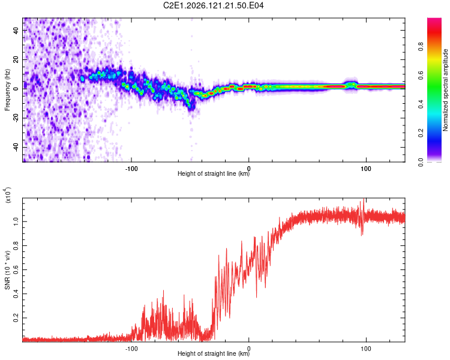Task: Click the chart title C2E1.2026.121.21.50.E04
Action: coord(213,5)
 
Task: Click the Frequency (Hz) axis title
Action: coord(7,90)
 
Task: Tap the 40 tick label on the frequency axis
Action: coord(16,30)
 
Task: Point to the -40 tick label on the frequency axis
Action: coord(16,148)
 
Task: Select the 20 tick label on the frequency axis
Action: coord(16,59)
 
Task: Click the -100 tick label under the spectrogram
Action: coord(131,169)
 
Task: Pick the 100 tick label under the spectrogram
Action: coord(366,169)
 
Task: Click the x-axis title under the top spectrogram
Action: coord(214,173)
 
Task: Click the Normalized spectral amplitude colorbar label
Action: coord(445,90)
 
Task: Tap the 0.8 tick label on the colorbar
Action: coord(421,46)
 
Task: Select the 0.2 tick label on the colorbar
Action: coord(421,133)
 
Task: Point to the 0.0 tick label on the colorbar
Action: coord(421,162)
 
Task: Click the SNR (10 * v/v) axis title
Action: coord(7,270)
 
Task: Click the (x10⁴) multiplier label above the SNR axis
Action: coord(7,195)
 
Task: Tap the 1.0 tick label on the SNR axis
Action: coord(16,221)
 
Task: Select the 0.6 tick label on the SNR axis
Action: coord(16,269)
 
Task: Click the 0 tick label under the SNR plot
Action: coord(248,349)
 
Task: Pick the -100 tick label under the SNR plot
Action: coord(131,349)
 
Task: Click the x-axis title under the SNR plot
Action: coord(214,353)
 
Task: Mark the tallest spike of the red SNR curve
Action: coord(364,199)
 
